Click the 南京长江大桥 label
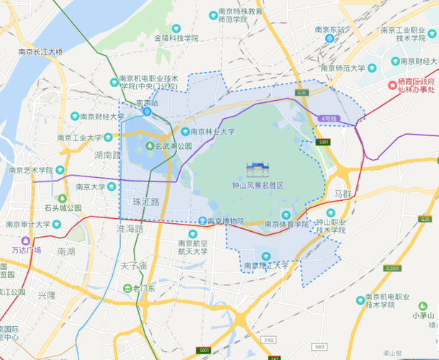[x=40, y=53]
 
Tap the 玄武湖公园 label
[x=169, y=146]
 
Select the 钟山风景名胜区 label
[x=257, y=185]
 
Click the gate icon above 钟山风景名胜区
[x=257, y=170]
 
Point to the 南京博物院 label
[x=221, y=221]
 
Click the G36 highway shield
[x=302, y=94]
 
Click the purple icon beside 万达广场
[x=27, y=240]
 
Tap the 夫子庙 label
[x=133, y=266]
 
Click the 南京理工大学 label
[x=266, y=266]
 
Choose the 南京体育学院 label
[x=286, y=224]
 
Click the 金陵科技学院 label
[x=176, y=37]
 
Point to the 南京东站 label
[x=330, y=30]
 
